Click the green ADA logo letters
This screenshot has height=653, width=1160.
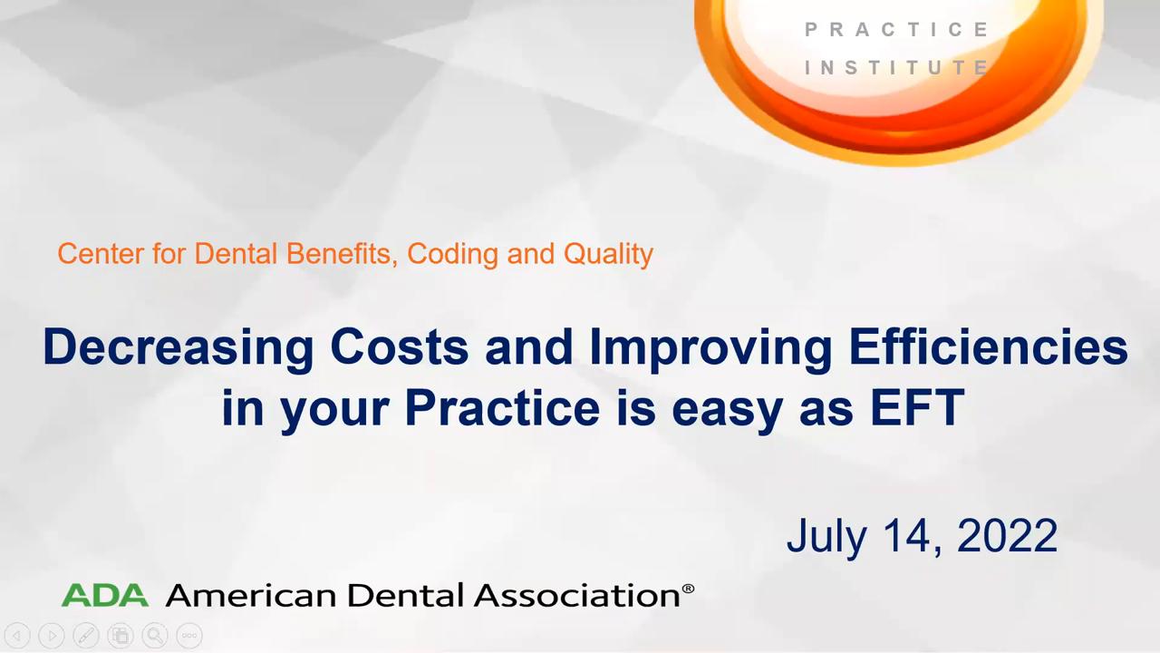(x=104, y=594)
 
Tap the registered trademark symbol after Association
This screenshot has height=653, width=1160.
(x=688, y=589)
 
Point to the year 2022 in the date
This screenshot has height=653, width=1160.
(x=1007, y=535)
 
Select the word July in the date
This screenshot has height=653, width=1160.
(x=826, y=539)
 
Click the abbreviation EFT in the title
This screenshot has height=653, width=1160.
(x=916, y=407)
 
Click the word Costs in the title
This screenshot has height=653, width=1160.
(x=400, y=346)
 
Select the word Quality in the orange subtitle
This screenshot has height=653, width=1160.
(x=608, y=255)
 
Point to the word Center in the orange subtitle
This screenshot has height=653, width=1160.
(x=101, y=254)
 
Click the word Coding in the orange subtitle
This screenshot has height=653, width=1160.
(x=452, y=255)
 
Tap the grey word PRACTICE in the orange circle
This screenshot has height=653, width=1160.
(x=896, y=30)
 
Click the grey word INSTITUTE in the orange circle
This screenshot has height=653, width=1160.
(x=896, y=67)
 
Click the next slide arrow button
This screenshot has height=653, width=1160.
(x=52, y=636)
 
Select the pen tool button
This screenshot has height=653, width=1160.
(x=86, y=636)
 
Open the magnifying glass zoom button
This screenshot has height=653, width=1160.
(x=155, y=636)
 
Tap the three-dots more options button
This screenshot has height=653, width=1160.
(x=189, y=636)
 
